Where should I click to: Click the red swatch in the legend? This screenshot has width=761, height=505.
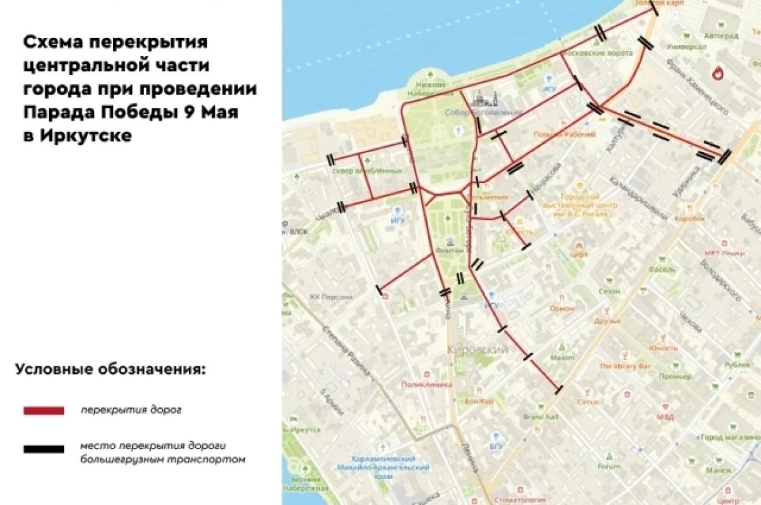(44, 411)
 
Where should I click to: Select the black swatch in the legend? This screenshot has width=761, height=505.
(44, 449)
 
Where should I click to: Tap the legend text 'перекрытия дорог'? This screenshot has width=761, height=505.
(131, 410)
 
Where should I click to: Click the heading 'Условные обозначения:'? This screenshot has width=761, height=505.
(110, 369)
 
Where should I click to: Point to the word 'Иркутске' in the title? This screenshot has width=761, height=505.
(86, 136)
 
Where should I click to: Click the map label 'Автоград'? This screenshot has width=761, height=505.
(721, 35)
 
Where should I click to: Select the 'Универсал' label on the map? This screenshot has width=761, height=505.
(687, 47)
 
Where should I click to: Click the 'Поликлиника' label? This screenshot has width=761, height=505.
(426, 384)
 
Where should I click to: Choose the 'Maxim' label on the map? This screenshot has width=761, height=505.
(562, 357)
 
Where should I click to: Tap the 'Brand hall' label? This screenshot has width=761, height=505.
(540, 417)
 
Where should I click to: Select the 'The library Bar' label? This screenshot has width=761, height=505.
(625, 366)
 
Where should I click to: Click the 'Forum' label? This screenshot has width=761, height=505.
(609, 466)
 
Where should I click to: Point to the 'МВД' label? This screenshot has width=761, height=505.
(665, 418)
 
